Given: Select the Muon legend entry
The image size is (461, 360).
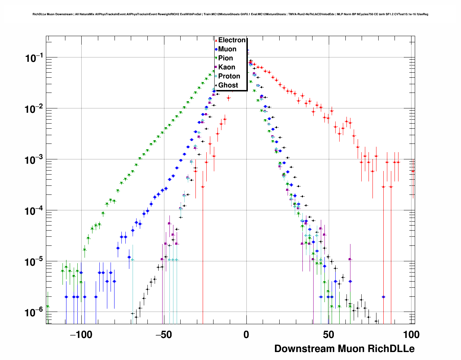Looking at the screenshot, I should click(x=227, y=49).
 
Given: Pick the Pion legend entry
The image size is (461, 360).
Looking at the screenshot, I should click(x=225, y=58).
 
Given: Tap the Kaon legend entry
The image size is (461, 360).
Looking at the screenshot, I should click(x=227, y=67).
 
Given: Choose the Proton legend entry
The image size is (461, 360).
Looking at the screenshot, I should click(x=229, y=76).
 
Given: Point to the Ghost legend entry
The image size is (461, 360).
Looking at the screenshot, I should click(x=228, y=85).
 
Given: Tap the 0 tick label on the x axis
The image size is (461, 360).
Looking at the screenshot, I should click(x=246, y=335).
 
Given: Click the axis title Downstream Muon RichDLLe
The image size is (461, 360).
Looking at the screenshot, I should click(x=344, y=349).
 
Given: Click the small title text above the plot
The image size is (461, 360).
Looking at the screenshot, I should click(x=230, y=14).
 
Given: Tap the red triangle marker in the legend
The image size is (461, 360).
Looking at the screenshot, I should click(x=216, y=40).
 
